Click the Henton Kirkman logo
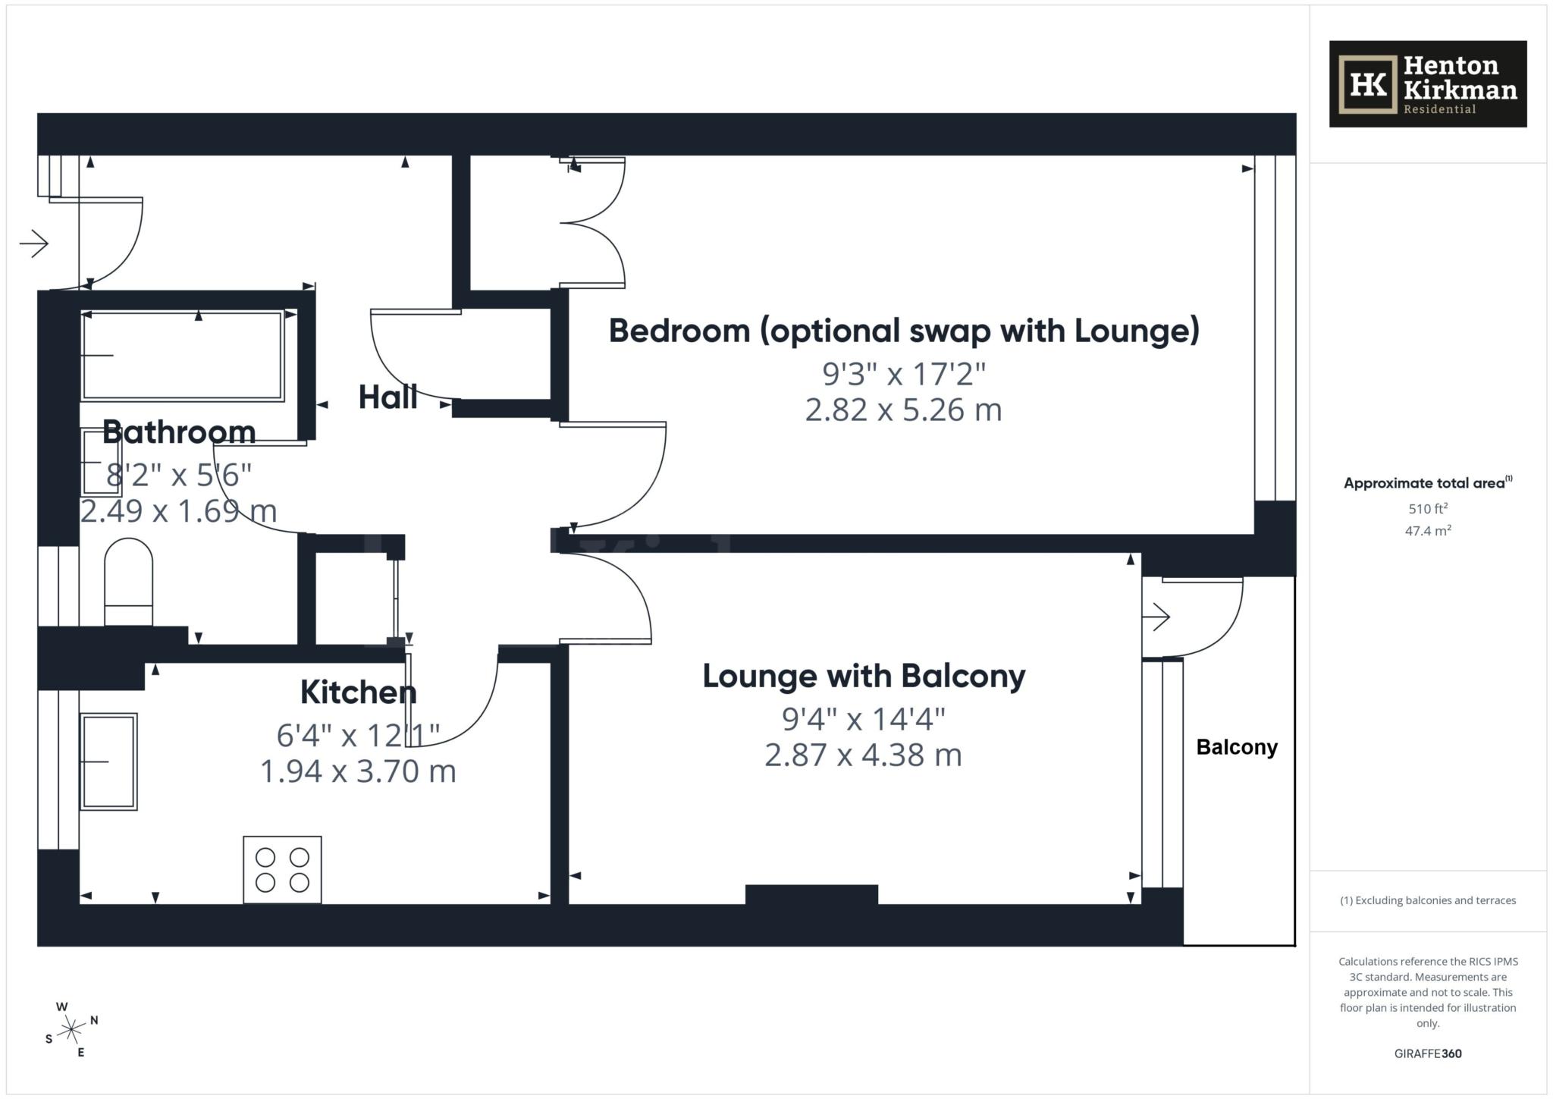coord(1427,84)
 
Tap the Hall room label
coord(387,397)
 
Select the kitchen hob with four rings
coord(282,869)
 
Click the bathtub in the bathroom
coord(182,356)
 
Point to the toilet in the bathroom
coord(128,581)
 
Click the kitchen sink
coord(109,761)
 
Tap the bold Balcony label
coord(1237,747)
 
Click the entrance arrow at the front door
coord(34,243)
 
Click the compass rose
coord(71,1029)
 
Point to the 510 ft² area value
coord(1427,508)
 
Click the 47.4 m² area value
coord(1427,531)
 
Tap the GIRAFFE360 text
coord(1427,1053)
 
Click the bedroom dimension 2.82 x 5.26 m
coord(903,410)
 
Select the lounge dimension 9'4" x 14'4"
coord(864,718)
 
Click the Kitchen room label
coord(358,692)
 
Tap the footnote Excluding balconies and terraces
coord(1427,900)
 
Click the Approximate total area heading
coord(1426,483)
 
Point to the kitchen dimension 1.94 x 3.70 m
coord(358,771)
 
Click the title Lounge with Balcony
coord(864,676)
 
